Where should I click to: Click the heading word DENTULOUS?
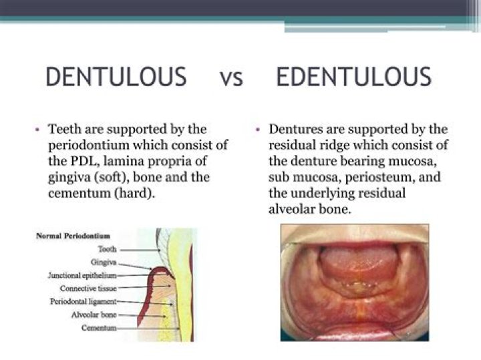click(x=116, y=76)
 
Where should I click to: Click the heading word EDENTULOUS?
click(x=353, y=76)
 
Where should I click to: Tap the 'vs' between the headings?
click(x=231, y=78)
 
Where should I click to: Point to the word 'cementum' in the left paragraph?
click(x=78, y=193)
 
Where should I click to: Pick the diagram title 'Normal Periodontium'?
click(x=73, y=236)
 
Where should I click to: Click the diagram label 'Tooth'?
click(x=108, y=249)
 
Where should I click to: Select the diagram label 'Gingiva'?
click(x=104, y=262)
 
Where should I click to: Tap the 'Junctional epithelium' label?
click(x=82, y=275)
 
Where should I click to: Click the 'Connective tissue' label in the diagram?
click(x=88, y=289)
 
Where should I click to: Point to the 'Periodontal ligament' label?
click(x=83, y=302)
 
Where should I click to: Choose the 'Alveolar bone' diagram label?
click(x=94, y=315)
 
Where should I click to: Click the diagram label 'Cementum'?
click(x=99, y=328)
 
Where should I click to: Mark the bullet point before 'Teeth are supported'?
click(x=37, y=130)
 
